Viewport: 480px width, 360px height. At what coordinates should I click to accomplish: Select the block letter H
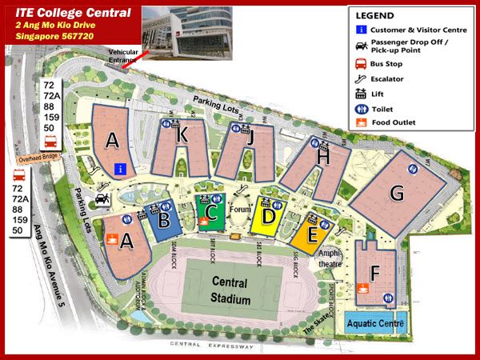click(x=323, y=158)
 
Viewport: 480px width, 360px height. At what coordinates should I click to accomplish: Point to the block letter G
click(x=396, y=193)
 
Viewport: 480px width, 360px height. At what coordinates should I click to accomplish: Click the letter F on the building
click(x=376, y=272)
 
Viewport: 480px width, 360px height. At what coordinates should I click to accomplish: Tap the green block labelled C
click(x=212, y=214)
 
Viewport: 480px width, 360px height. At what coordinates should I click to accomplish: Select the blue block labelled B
click(x=164, y=216)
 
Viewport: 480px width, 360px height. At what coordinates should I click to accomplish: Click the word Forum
click(x=241, y=210)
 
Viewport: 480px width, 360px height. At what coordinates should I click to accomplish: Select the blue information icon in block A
click(x=120, y=168)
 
